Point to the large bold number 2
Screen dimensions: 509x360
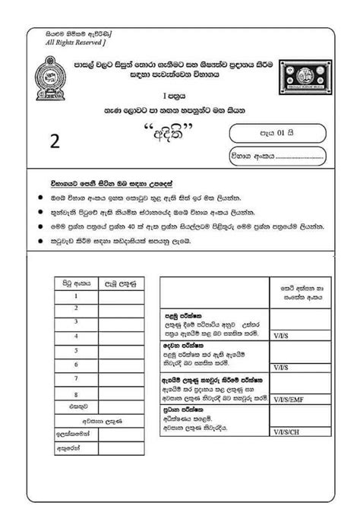[x=55, y=141]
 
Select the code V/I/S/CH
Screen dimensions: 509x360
[x=289, y=430]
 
